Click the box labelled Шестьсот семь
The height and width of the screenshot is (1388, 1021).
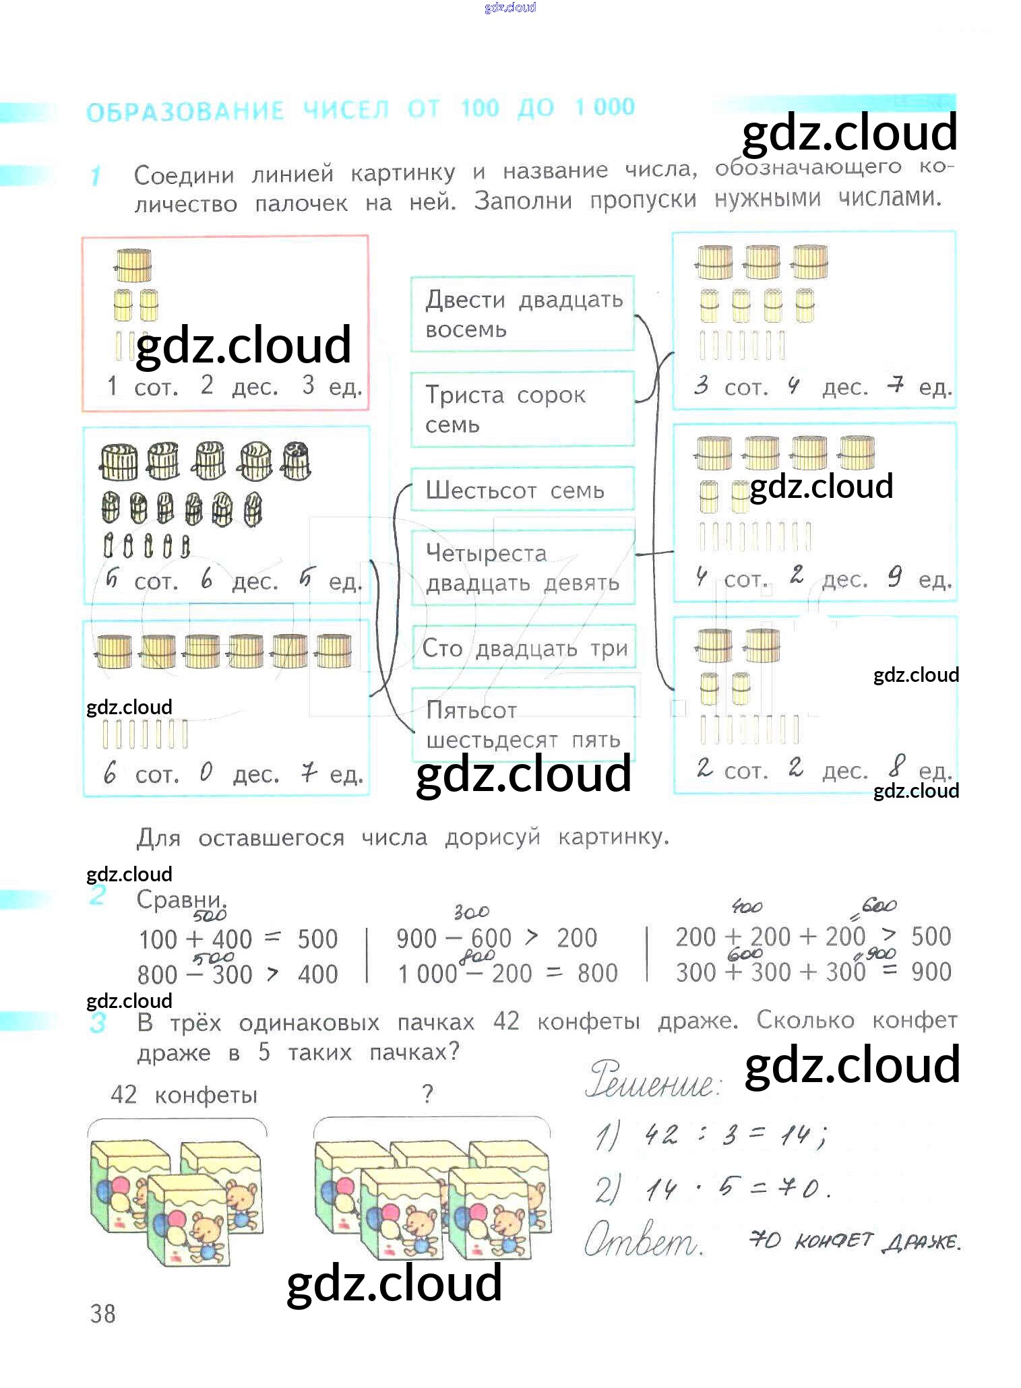pyautogui.click(x=522, y=490)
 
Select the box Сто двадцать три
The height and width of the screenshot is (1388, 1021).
pyautogui.click(x=524, y=648)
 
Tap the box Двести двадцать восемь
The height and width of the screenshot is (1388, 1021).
pyautogui.click(x=522, y=314)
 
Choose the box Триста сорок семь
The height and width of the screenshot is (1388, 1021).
pyautogui.click(x=522, y=409)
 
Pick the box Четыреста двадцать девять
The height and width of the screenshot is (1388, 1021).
pyautogui.click(x=522, y=567)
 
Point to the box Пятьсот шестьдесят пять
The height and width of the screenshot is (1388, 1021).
pyautogui.click(x=523, y=725)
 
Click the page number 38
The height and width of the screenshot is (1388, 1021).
pyautogui.click(x=102, y=1313)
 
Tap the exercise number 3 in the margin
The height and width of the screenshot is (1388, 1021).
pyautogui.click(x=98, y=1023)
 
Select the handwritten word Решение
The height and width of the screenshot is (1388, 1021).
pyautogui.click(x=652, y=1081)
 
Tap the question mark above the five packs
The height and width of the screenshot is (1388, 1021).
pyautogui.click(x=427, y=1094)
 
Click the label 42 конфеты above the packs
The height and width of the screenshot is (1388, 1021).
pyautogui.click(x=183, y=1095)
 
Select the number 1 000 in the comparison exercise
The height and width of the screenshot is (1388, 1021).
pyautogui.click(x=427, y=974)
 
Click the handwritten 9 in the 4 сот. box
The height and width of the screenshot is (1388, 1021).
pyautogui.click(x=894, y=577)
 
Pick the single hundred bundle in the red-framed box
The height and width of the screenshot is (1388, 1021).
pyautogui.click(x=133, y=265)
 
